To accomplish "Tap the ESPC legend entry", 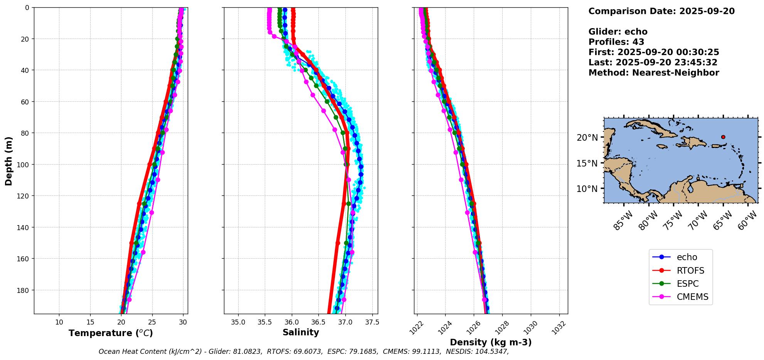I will [687, 284].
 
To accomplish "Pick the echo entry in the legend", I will [687, 257].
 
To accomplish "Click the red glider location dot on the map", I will [723, 137].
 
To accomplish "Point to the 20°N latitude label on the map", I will [587, 138].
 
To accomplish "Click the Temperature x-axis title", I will [111, 333].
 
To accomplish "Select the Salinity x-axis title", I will [301, 332].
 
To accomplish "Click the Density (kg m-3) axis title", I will [491, 342].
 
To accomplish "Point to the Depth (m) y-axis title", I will [8, 161].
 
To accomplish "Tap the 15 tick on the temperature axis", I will [90, 322].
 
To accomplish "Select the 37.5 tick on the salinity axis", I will [372, 322].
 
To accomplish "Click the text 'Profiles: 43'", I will [616, 42].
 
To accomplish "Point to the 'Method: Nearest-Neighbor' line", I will [654, 73].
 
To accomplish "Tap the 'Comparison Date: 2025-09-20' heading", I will [661, 11].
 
